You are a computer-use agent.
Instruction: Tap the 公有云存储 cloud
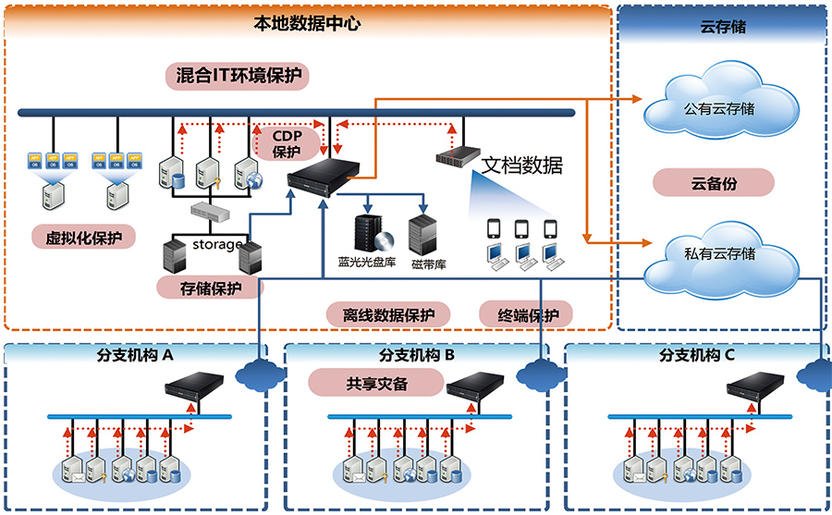[x=718, y=108]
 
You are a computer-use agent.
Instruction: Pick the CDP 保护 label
[x=287, y=143]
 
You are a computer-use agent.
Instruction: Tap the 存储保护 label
[x=210, y=288]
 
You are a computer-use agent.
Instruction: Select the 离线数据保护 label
[x=388, y=314]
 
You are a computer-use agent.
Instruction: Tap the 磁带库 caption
[x=429, y=264]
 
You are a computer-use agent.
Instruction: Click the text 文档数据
[x=522, y=166]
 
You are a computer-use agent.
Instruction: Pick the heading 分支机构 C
[x=697, y=356]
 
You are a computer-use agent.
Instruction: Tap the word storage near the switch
[x=217, y=244]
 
